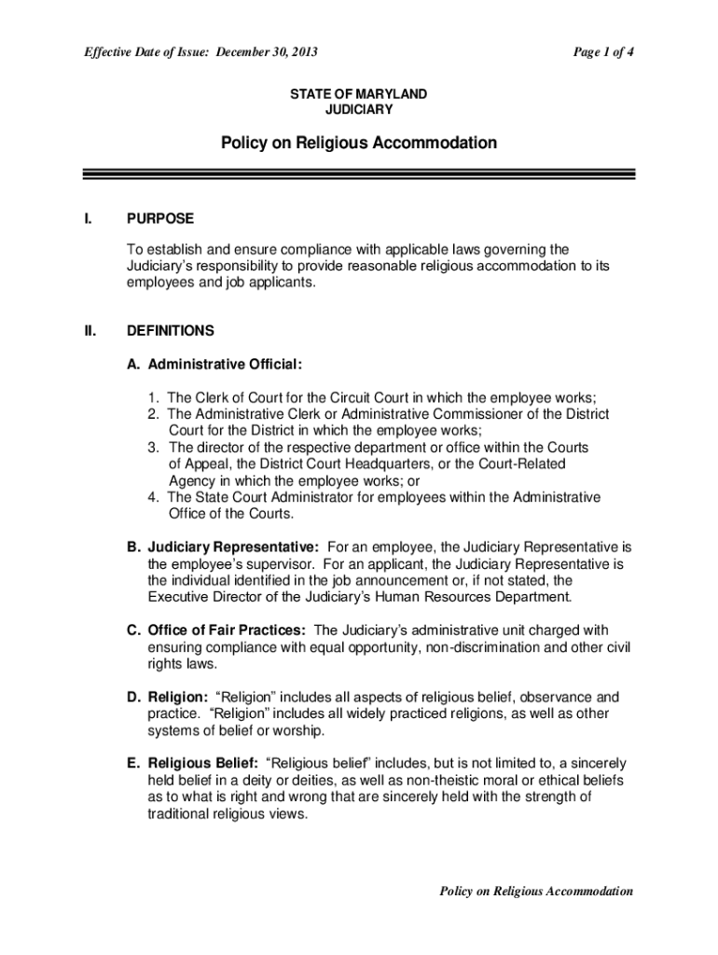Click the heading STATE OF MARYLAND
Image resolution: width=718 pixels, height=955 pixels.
(359, 94)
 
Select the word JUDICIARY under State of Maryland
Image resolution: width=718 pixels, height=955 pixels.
(359, 109)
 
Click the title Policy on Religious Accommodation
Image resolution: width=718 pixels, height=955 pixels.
(359, 143)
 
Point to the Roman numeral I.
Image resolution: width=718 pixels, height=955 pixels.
(87, 218)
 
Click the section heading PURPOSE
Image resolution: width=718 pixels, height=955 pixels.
(160, 218)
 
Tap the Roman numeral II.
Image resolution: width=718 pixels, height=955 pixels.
(89, 330)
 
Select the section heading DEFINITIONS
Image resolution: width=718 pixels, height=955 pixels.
(171, 330)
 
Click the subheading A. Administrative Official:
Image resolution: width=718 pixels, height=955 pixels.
(214, 362)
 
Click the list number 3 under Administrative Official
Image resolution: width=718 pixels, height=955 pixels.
(152, 448)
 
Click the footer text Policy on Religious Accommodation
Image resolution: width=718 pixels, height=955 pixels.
(536, 891)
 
